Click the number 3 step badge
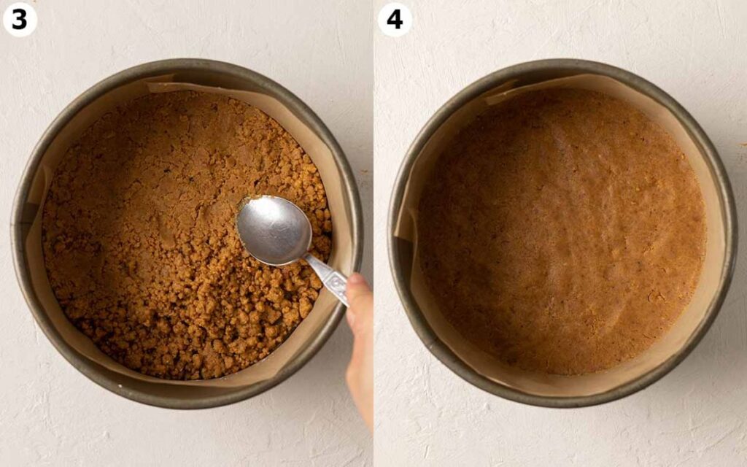20,20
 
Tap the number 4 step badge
395,20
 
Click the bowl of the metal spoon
274,230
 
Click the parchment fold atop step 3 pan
160,80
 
